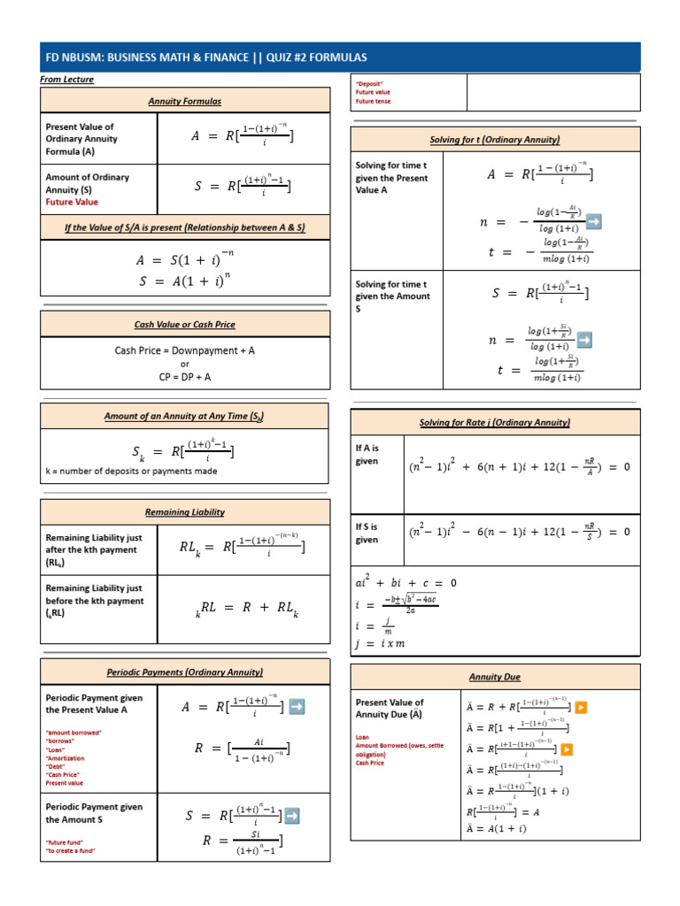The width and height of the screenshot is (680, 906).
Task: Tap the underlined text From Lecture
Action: (66, 80)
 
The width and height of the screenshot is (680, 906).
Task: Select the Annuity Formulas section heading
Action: (184, 102)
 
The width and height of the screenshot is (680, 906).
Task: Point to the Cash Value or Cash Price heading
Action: (184, 325)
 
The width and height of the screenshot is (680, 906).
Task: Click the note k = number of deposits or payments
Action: (131, 471)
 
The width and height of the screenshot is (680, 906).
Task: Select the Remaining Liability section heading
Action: (184, 511)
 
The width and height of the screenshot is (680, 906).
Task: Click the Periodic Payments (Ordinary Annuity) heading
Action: (184, 672)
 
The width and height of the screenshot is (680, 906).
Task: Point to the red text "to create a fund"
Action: (70, 850)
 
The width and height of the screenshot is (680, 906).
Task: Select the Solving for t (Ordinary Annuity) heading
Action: (495, 140)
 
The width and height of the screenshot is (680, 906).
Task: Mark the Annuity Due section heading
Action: (495, 677)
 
